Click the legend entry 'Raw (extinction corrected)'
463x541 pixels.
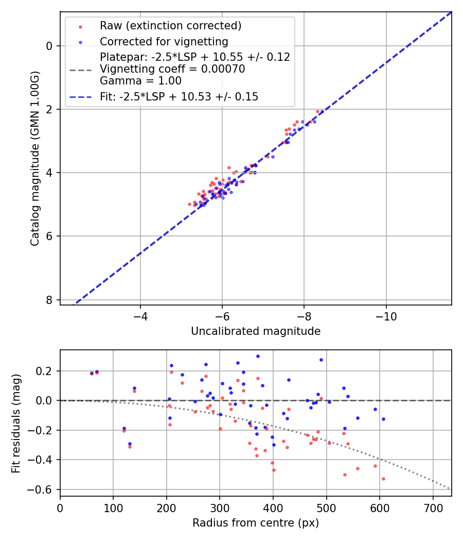point(170,26)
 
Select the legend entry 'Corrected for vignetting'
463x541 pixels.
point(164,41)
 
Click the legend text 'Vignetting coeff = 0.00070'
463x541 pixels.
point(172,69)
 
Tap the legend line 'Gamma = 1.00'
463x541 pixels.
point(140,81)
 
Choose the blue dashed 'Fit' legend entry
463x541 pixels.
point(179,96)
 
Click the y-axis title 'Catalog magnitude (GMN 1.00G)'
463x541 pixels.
point(34,158)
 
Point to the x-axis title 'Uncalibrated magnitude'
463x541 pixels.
point(256,331)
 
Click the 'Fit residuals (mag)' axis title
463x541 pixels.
point(16,422)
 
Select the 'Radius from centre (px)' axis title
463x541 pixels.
point(256,523)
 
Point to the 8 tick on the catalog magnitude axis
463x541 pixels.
point(49,300)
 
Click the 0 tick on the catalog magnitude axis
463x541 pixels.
point(49,46)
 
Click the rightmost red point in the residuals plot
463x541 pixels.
point(383,479)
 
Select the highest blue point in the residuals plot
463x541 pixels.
point(258,356)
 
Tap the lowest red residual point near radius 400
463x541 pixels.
point(274,470)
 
